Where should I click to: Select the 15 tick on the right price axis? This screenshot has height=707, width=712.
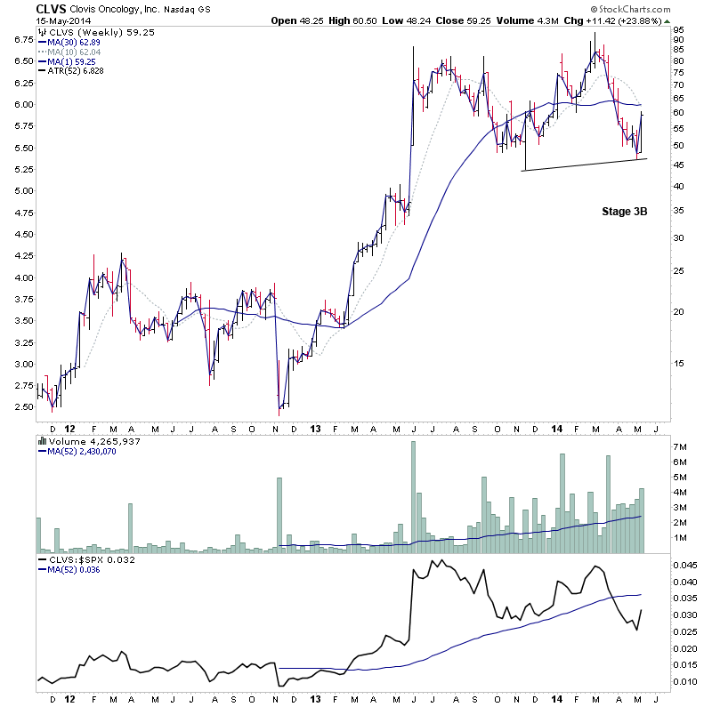pyautogui.click(x=677, y=363)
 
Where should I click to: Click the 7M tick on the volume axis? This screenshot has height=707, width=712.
pyautogui.click(x=679, y=445)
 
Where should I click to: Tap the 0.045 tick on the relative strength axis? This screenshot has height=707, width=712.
pyautogui.click(x=684, y=565)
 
